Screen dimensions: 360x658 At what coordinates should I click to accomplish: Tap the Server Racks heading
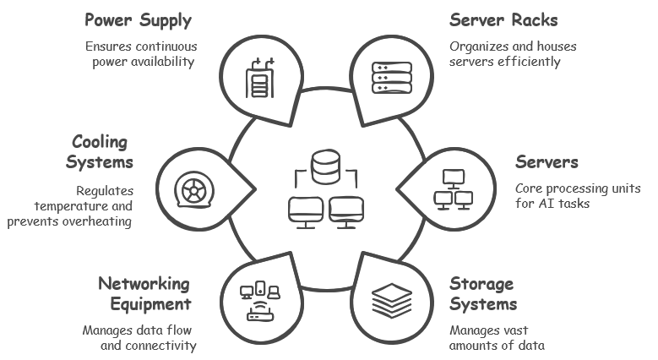503,19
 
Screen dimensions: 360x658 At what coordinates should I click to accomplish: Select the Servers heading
547,161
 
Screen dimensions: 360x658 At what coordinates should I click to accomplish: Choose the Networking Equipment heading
144,293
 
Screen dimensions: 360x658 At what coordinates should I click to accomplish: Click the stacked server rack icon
391,76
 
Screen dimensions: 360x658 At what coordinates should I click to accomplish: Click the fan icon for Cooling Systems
193,189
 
